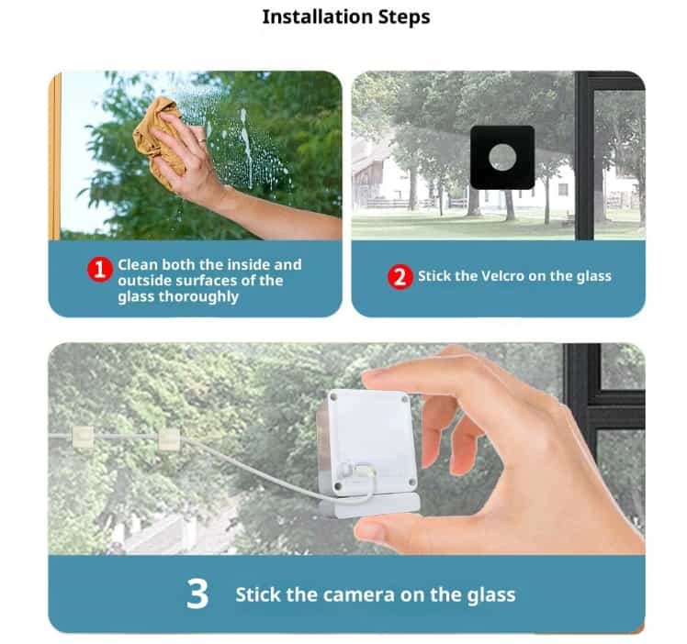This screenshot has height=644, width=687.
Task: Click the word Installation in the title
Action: pyautogui.click(x=317, y=17)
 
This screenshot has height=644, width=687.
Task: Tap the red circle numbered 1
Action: pyautogui.click(x=100, y=269)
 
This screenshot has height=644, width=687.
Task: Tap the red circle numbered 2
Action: pyautogui.click(x=400, y=276)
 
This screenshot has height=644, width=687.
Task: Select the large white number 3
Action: pyautogui.click(x=197, y=594)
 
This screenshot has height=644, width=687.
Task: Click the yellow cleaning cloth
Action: pyautogui.click(x=157, y=139)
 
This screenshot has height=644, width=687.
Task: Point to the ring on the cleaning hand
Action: pyautogui.click(x=201, y=141)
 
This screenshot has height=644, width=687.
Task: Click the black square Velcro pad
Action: pyautogui.click(x=502, y=158)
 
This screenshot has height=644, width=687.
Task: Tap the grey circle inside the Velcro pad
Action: pyautogui.click(x=502, y=157)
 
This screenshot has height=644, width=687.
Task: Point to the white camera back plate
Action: pyautogui.click(x=372, y=441)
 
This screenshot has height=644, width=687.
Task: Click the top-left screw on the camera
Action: pyautogui.click(x=334, y=397)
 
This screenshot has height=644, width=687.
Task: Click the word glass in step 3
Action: pyautogui.click(x=491, y=596)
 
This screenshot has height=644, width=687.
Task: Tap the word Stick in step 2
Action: pyautogui.click(x=434, y=276)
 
